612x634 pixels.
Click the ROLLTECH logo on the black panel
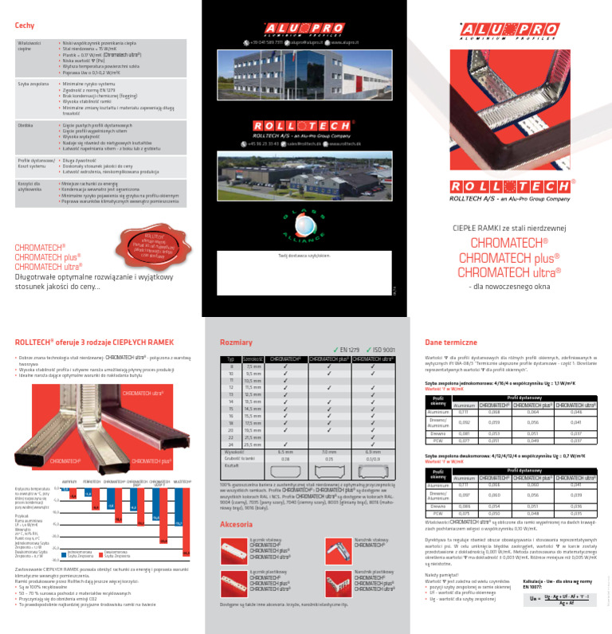[x=296, y=126]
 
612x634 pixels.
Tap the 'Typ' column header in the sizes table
[x=230, y=359]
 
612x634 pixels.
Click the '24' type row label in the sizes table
[x=230, y=444]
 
